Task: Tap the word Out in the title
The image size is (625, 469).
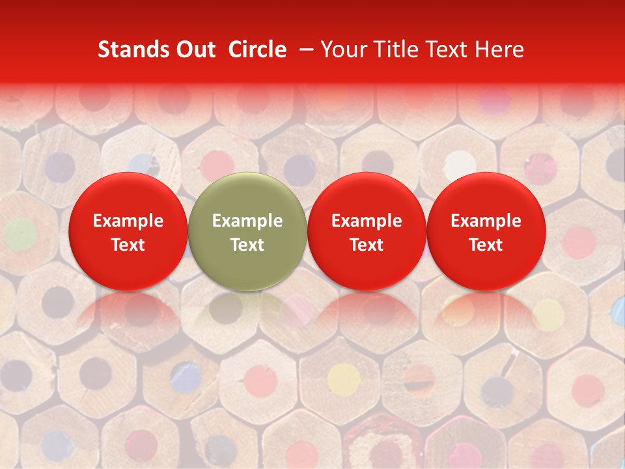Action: pos(195,50)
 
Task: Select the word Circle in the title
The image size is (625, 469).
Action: pos(257,50)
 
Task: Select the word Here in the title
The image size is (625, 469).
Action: pos(499,50)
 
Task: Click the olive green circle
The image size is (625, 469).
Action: pos(247,231)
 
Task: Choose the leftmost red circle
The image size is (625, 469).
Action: pos(128,231)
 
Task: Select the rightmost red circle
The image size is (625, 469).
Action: pos(486,231)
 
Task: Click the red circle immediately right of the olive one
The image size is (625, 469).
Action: pos(367,231)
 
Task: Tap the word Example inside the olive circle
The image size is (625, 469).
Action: pos(247,221)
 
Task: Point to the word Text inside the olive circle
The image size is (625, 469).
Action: pos(247,245)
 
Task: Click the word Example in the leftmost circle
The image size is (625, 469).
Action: pos(128,221)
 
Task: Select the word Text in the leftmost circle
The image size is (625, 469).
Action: pos(128,245)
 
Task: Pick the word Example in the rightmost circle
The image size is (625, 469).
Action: pos(486,221)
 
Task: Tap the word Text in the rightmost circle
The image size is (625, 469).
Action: pos(486,245)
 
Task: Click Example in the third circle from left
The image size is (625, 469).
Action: pos(367,221)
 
